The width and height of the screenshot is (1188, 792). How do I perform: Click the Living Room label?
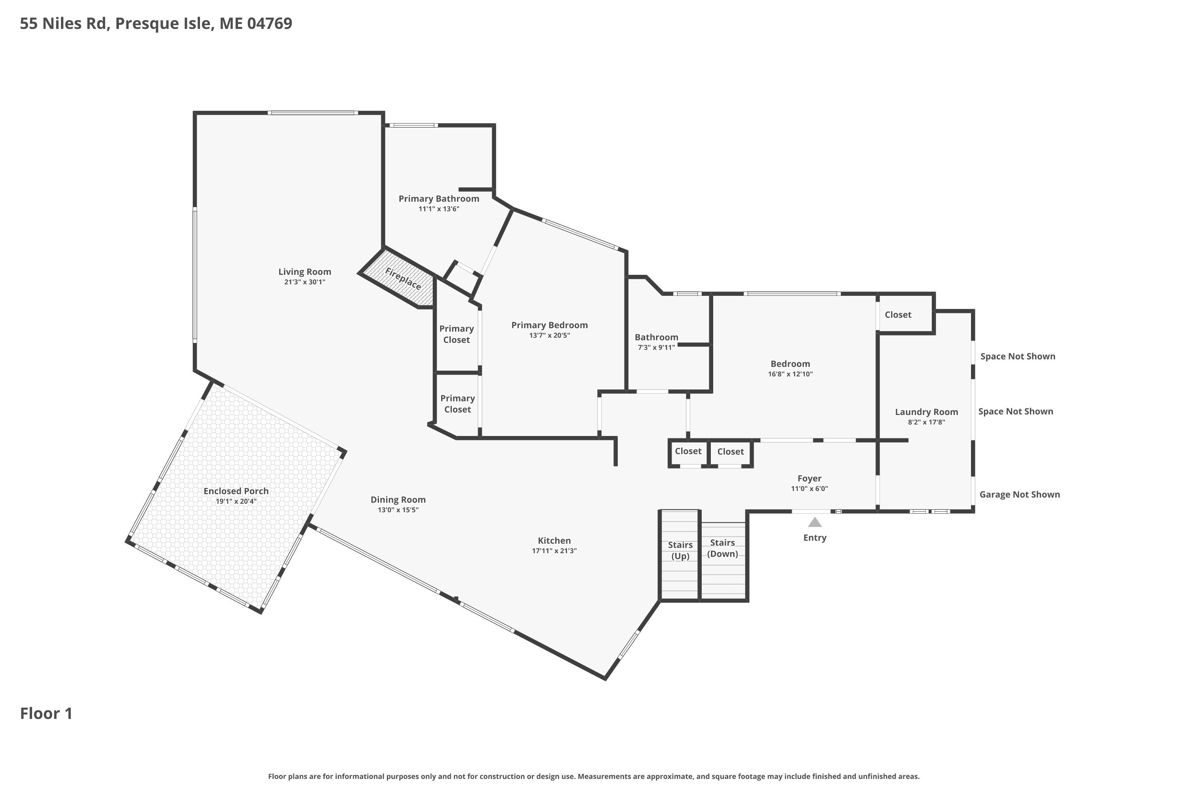[305, 272]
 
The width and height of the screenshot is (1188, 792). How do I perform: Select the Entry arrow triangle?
[815, 522]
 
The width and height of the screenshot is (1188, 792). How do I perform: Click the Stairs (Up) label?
[680, 550]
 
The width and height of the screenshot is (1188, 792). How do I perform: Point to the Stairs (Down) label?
[722, 548]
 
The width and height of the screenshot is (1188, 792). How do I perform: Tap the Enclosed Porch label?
[236, 491]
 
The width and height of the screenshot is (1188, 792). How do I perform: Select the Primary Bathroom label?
[438, 198]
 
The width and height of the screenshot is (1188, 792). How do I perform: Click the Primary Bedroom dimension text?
[550, 335]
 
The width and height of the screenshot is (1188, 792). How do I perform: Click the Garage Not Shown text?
[1019, 495]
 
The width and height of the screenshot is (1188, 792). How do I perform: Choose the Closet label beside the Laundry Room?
[898, 315]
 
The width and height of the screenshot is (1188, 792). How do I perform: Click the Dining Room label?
[398, 499]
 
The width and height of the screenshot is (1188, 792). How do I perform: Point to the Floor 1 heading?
[46, 713]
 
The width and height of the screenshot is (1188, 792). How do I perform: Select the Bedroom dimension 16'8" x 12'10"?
[790, 374]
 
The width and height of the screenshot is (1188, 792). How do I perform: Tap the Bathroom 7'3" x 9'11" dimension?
[656, 348]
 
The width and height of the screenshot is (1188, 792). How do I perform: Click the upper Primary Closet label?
[456, 334]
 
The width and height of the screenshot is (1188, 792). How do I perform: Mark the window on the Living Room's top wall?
[313, 112]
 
